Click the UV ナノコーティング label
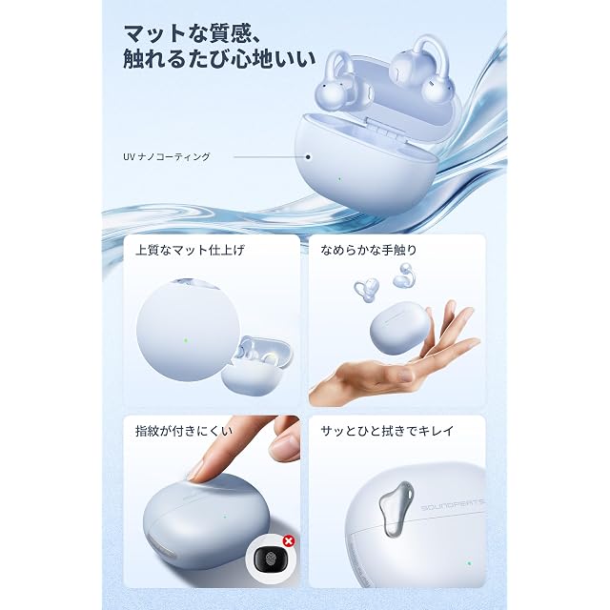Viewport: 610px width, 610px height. pos(167,156)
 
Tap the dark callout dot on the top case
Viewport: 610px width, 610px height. pos(308,157)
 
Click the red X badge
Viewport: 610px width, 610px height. pos(288,540)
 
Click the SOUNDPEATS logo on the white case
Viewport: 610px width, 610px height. pos(453,504)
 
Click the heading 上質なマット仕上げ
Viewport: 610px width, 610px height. pos(190,250)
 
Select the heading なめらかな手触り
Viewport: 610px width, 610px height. pos(369,250)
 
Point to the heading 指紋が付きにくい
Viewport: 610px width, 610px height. pos(184,431)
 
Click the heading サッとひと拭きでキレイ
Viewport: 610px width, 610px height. pos(387,431)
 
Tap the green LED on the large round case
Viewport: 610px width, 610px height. pos(186,339)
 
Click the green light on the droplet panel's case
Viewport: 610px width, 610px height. pos(469,563)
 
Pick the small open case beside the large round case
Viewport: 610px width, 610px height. pos(256,366)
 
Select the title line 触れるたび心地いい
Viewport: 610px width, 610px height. pos(219,59)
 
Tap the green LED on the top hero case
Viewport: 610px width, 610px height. pos(339,179)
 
